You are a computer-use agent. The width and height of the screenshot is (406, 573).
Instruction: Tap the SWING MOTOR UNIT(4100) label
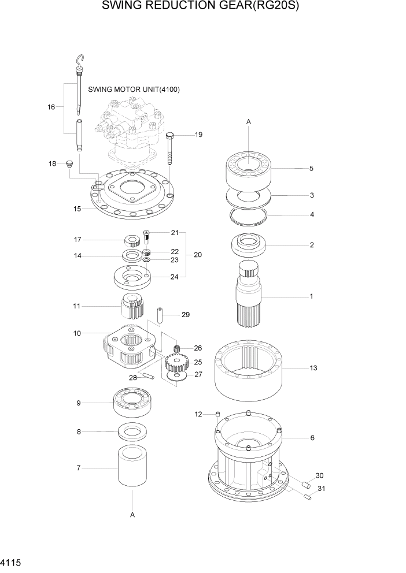(x=134, y=90)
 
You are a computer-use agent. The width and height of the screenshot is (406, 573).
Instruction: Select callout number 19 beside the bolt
(x=198, y=135)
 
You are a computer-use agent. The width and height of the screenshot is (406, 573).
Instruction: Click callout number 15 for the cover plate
(x=77, y=209)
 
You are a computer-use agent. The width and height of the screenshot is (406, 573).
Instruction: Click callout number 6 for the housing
(x=312, y=438)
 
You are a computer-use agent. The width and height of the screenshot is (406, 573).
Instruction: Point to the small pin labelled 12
(x=217, y=414)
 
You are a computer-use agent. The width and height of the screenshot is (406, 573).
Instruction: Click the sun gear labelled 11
(x=132, y=306)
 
